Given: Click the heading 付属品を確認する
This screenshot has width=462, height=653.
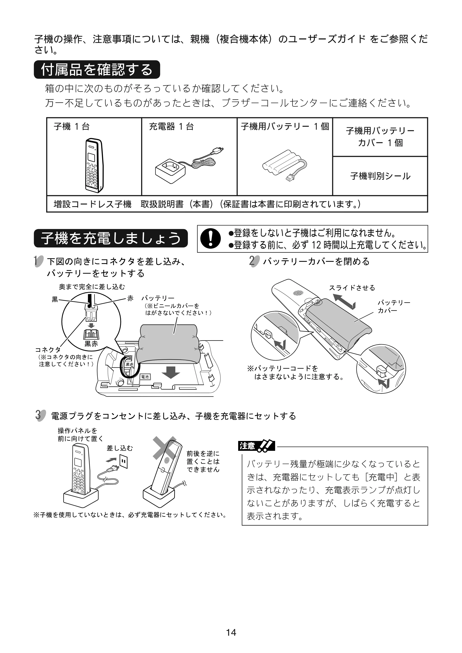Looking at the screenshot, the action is [x=97, y=70].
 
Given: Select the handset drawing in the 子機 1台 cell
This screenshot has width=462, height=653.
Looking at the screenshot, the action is [x=94, y=165].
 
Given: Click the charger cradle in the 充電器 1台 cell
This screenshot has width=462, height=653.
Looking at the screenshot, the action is [x=170, y=171].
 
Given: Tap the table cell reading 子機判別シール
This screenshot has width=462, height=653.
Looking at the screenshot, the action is [x=380, y=176].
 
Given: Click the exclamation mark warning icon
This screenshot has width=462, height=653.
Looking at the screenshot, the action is [x=210, y=238].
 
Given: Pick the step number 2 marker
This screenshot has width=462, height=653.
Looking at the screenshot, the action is [x=254, y=261].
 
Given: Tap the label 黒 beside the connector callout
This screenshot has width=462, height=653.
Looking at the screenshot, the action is [x=55, y=299].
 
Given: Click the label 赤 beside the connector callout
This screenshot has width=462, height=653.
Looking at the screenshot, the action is [x=130, y=298].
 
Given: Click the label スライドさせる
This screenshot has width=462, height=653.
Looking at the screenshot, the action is [x=352, y=288].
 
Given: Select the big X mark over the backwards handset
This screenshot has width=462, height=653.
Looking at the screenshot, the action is [x=165, y=448].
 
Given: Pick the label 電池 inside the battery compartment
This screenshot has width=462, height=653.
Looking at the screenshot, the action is [x=145, y=377].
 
